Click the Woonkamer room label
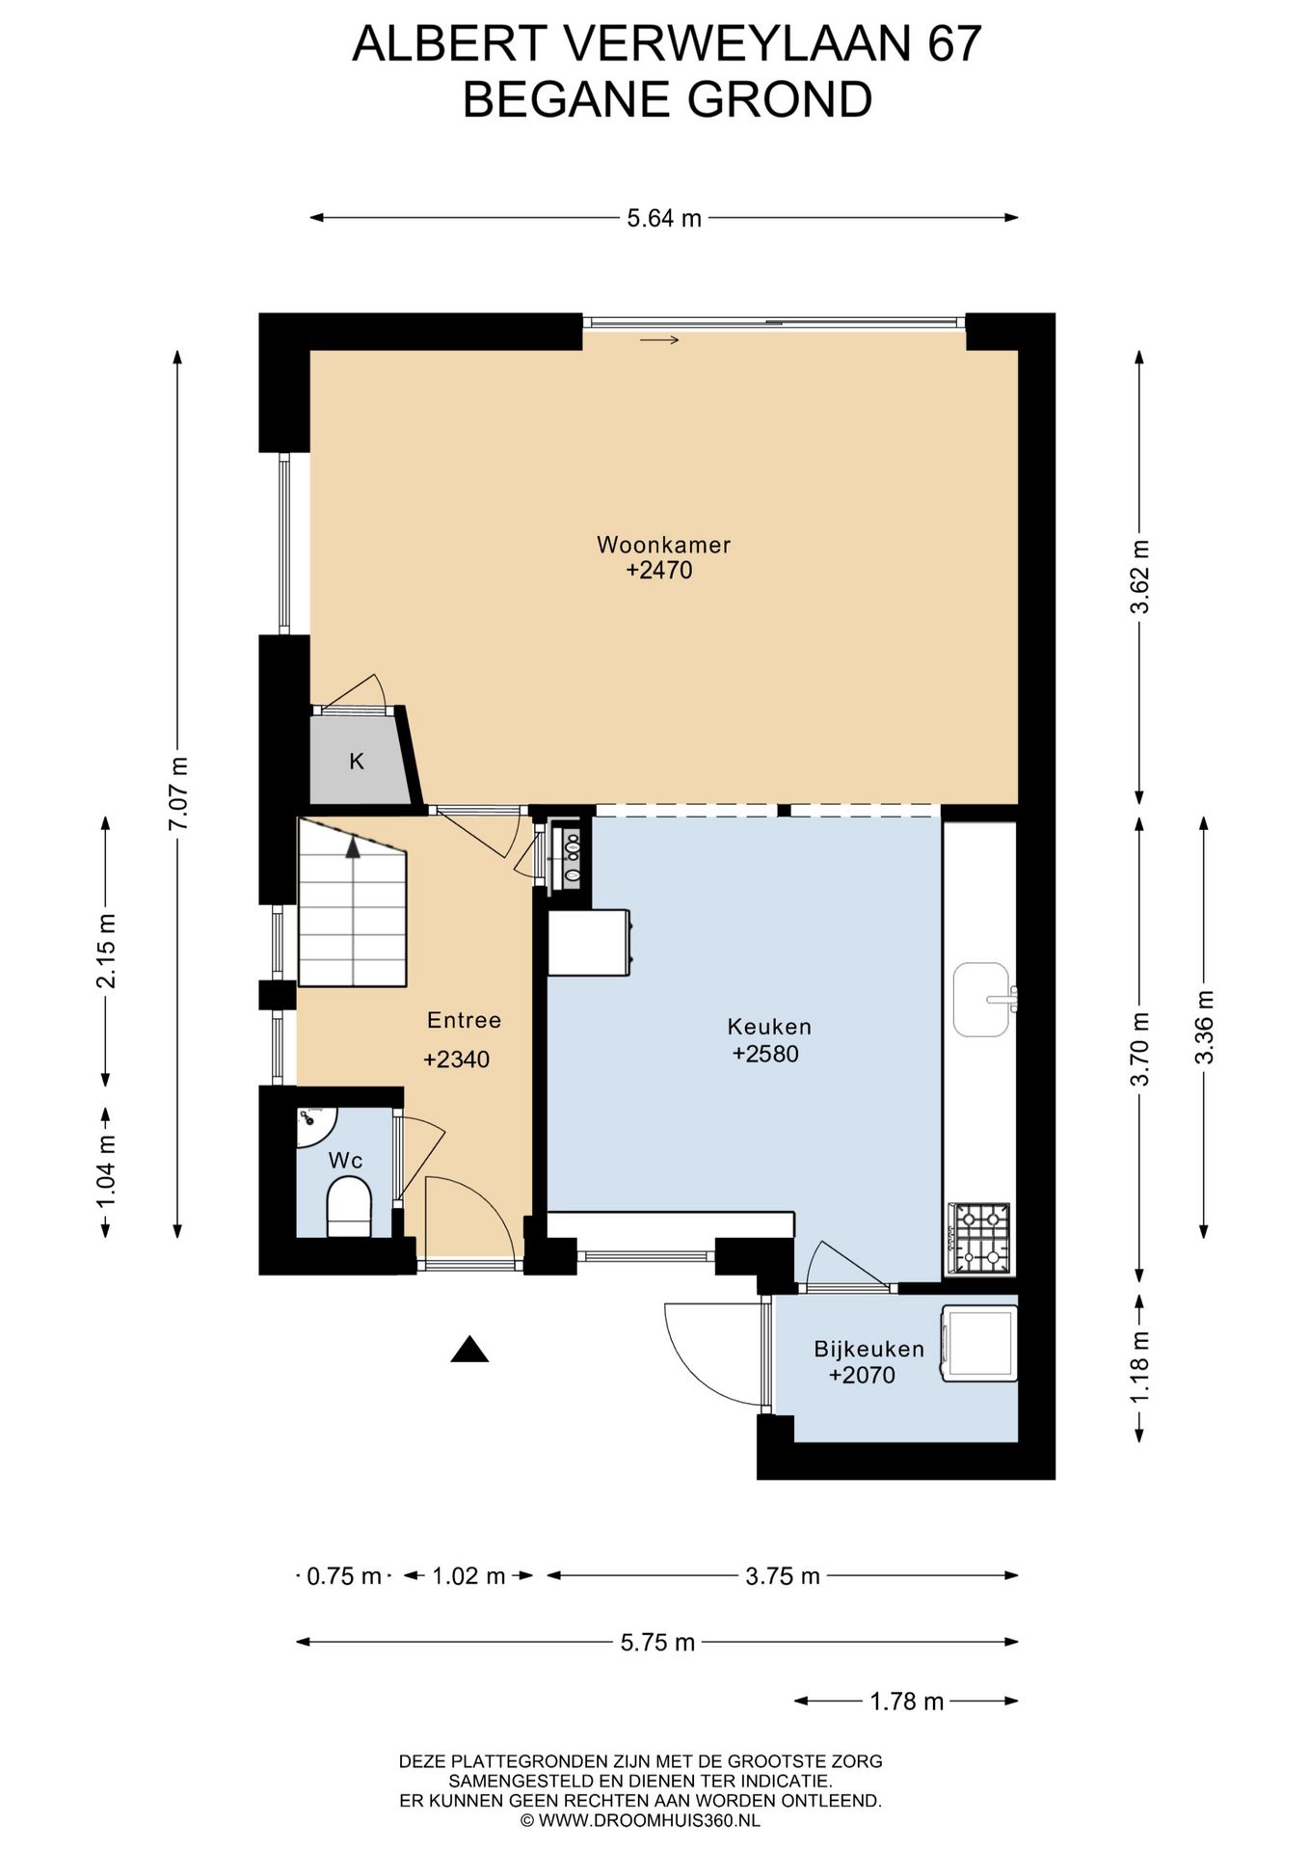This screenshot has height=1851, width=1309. click(x=663, y=545)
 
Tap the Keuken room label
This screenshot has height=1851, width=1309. click(x=769, y=1027)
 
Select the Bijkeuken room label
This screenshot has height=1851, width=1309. click(x=868, y=1350)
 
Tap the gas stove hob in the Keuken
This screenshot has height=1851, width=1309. click(x=979, y=1238)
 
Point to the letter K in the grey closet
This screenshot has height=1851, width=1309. click(x=357, y=762)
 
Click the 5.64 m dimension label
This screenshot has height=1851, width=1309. click(x=664, y=219)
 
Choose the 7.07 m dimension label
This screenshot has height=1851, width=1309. click(x=178, y=793)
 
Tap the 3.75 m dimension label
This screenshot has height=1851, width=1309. click(x=783, y=1576)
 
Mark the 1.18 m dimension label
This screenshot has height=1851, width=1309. click(x=1140, y=1367)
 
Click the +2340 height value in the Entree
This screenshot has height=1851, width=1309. click(x=457, y=1060)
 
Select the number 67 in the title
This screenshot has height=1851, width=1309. click(x=954, y=43)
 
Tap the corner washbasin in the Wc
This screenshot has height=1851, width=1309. click(x=313, y=1125)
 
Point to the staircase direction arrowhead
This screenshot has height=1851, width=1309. click(x=353, y=847)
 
